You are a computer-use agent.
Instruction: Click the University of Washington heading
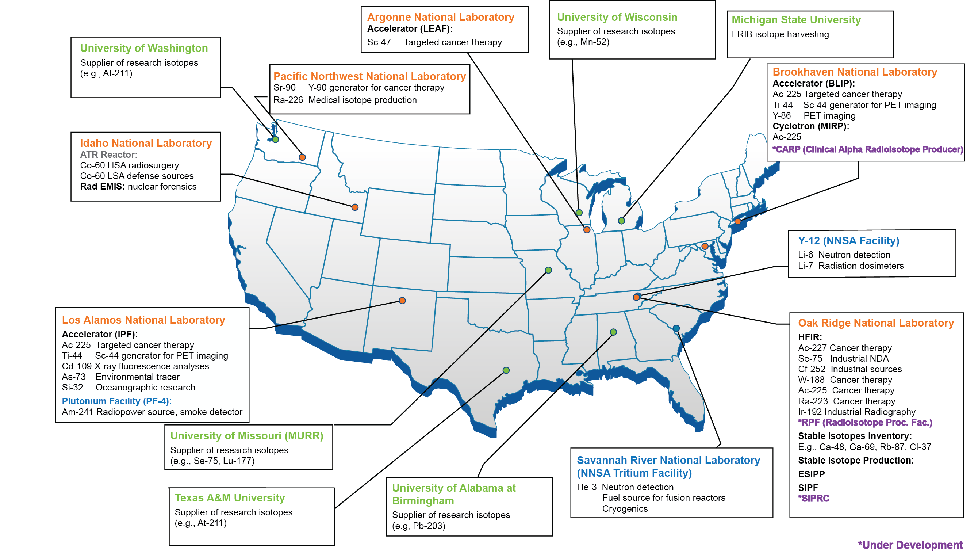[x=144, y=48]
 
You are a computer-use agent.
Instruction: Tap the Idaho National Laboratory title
[x=146, y=143]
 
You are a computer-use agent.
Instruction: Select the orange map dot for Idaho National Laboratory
[x=354, y=207]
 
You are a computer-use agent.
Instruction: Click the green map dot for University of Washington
[x=276, y=140]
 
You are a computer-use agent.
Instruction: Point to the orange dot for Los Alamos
[x=402, y=301]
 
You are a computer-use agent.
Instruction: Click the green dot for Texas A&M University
[x=506, y=370]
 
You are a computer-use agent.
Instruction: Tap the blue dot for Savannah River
[x=676, y=328]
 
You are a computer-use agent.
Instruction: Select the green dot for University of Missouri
[x=548, y=270]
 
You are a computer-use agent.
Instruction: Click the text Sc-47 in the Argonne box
[x=379, y=42]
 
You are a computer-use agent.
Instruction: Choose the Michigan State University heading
[x=796, y=20]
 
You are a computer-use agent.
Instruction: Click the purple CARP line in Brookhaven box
[x=867, y=150]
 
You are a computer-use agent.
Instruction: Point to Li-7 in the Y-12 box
[x=805, y=266]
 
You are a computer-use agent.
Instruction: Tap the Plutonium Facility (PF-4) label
[x=116, y=401]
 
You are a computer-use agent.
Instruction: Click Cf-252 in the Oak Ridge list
[x=811, y=369]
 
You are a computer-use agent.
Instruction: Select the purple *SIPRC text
[x=814, y=498]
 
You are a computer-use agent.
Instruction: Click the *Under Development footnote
[x=910, y=545]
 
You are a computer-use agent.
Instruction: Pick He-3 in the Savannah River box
[x=587, y=487]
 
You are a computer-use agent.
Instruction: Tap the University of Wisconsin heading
[x=617, y=17]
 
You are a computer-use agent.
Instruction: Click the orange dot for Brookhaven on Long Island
[x=738, y=221]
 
